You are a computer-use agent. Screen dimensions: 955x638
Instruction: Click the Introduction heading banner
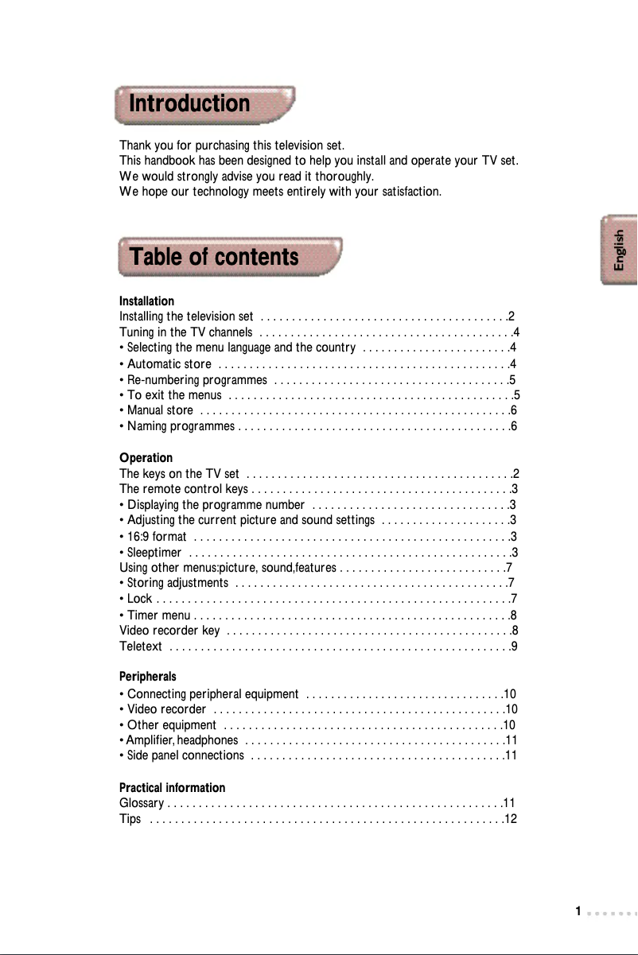pos(204,104)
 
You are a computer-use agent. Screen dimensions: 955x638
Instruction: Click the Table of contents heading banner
pos(229,257)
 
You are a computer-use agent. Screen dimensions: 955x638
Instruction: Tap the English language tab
pos(619,249)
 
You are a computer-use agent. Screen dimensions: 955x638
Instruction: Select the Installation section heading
pos(146,301)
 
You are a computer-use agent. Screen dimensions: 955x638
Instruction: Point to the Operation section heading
pos(146,458)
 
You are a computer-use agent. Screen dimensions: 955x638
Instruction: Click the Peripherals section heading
pos(147,677)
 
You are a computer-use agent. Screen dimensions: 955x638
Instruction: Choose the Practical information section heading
pos(172,788)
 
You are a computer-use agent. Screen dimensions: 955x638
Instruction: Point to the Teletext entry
pos(141,647)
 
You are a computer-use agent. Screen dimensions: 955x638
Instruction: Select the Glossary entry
pos(142,803)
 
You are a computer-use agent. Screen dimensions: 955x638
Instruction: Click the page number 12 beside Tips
pos(512,819)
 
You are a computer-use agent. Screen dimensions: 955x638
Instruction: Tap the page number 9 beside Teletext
pos(515,647)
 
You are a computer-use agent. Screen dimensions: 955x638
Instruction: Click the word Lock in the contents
pos(139,599)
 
